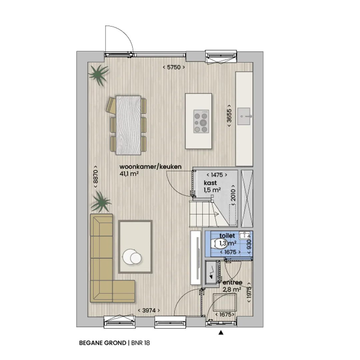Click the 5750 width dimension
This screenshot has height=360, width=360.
(174, 67)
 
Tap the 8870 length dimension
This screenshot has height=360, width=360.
(96, 177)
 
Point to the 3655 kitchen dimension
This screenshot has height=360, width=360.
(229, 115)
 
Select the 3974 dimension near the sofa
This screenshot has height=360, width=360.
(149, 310)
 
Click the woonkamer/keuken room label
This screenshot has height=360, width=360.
(151, 167)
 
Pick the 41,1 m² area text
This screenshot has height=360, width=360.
(129, 174)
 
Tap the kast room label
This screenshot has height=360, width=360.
(210, 183)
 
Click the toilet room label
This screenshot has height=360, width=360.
(227, 236)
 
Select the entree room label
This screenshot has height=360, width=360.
(232, 282)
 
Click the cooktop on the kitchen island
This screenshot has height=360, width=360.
(201, 121)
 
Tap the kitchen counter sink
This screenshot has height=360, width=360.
(244, 116)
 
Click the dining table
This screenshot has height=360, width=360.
(128, 125)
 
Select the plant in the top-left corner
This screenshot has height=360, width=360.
(99, 75)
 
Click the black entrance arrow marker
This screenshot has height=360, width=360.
(221, 332)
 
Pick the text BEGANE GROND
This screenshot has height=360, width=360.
(103, 343)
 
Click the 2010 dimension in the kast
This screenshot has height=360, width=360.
(233, 195)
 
